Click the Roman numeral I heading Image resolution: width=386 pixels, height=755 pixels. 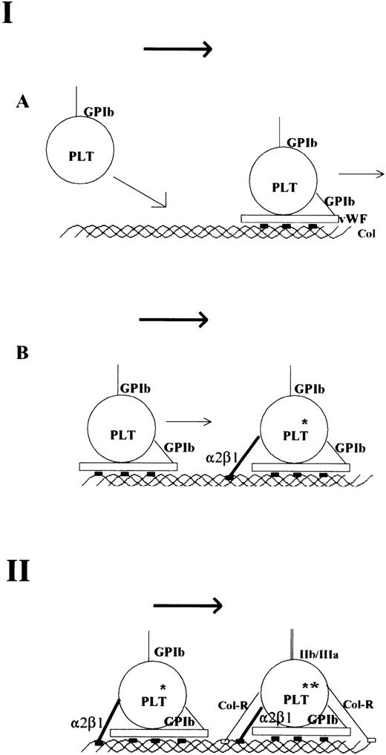(10, 14)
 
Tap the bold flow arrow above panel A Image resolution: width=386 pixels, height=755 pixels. (177, 50)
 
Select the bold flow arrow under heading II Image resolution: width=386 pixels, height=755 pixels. (188, 606)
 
